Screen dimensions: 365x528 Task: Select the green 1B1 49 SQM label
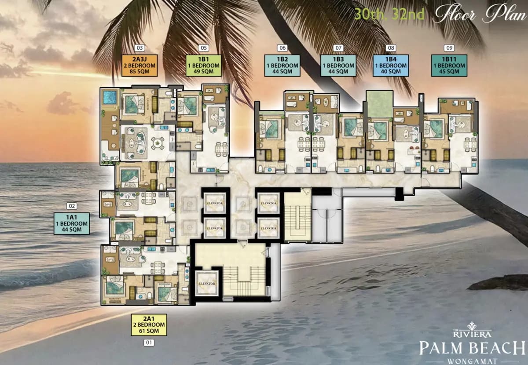[203, 65]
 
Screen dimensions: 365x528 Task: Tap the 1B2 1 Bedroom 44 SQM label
[282, 65]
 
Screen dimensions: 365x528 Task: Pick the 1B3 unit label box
[338, 65]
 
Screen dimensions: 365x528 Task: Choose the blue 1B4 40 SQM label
[391, 65]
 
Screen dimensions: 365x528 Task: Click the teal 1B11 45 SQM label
[448, 65]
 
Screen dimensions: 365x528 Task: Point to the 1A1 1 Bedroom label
[71, 223]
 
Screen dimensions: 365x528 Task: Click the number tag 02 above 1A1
[71, 205]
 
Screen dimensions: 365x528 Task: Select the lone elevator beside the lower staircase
[207, 283]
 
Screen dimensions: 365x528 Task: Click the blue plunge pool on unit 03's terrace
[110, 97]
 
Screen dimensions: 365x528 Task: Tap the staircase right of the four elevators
[297, 218]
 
